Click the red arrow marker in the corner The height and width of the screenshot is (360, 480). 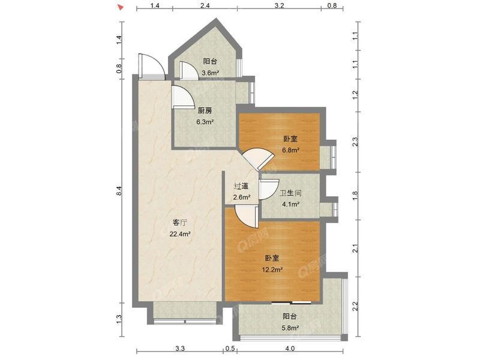click(x=121, y=7)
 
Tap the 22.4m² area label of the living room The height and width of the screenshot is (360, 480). click(x=181, y=234)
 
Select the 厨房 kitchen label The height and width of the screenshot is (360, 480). click(x=205, y=110)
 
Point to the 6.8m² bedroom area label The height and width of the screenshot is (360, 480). click(x=290, y=151)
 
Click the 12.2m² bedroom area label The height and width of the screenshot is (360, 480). click(x=272, y=269)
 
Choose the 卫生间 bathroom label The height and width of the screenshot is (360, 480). click(x=290, y=193)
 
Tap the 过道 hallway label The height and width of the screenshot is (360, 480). click(x=241, y=186)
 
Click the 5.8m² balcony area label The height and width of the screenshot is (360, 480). click(x=290, y=328)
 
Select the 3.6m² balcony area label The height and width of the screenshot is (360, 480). click(x=210, y=73)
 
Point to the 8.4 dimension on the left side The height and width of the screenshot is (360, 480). click(x=119, y=191)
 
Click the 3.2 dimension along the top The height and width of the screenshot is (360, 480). click(x=279, y=5)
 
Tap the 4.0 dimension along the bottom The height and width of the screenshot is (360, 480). click(x=290, y=349)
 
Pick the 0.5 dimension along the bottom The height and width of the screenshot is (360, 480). click(x=230, y=349)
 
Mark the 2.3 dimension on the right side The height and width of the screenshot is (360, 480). click(x=355, y=142)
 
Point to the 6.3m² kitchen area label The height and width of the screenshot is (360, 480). click(x=205, y=122)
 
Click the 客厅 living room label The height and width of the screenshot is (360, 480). click(x=180, y=222)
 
